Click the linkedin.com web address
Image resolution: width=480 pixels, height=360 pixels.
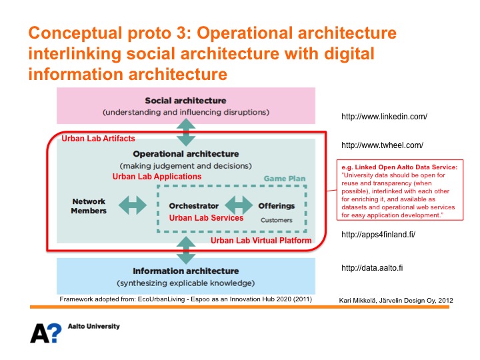pos(383,117)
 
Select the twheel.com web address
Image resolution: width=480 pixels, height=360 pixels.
pos(381,145)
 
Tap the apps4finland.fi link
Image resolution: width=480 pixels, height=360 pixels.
pos(377,234)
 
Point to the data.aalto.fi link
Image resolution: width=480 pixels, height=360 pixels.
pos(372,267)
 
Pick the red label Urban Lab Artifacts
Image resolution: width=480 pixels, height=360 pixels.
pos(98,139)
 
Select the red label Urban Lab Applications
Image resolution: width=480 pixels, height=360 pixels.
pos(157,177)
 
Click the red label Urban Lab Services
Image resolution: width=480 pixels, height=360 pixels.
pos(206,218)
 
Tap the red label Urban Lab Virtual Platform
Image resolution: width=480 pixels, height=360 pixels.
pos(261,241)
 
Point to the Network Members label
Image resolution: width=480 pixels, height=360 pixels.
pos(89,206)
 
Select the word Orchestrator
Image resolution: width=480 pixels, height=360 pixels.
pos(194,206)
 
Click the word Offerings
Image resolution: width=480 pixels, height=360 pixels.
pos(276,206)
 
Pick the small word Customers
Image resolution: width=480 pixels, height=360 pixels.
pos(276,220)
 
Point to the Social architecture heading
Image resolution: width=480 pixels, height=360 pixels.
pos(185,101)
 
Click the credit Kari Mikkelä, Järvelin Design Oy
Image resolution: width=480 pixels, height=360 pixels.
pos(396,301)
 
